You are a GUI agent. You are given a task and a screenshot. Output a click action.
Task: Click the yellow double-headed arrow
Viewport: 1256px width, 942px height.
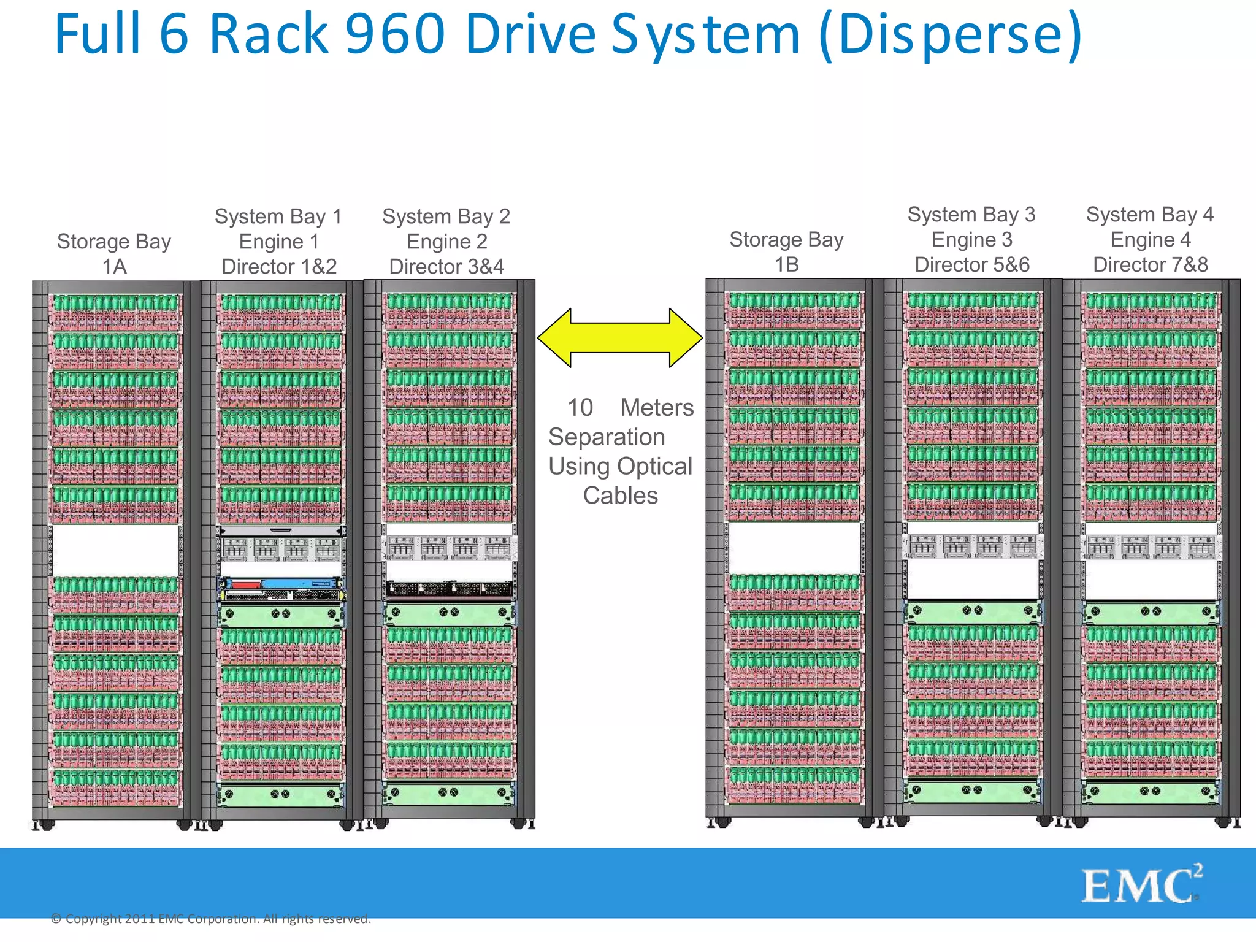click(x=619, y=338)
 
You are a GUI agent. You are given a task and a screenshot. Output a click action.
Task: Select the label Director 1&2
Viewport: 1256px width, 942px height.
click(x=279, y=267)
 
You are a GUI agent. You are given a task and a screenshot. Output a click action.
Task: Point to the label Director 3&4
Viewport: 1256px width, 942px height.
click(x=446, y=267)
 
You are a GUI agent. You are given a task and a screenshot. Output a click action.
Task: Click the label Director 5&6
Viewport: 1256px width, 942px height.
click(x=972, y=265)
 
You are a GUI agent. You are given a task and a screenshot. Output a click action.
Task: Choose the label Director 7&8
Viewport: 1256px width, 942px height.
click(x=1151, y=265)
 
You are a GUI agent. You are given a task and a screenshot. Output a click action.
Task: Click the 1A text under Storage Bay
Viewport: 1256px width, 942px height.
click(x=114, y=267)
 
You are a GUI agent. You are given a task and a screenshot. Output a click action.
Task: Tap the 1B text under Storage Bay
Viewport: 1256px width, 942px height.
click(x=787, y=265)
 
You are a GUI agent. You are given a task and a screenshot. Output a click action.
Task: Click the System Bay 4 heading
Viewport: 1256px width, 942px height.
click(x=1150, y=215)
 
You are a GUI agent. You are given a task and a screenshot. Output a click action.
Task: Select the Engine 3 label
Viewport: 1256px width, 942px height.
click(x=972, y=240)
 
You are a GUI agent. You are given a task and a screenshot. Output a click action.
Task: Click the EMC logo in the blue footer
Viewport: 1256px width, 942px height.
click(x=1141, y=884)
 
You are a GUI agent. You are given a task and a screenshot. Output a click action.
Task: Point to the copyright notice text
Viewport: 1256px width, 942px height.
click(x=211, y=919)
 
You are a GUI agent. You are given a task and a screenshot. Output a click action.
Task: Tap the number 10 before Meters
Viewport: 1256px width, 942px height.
click(x=580, y=408)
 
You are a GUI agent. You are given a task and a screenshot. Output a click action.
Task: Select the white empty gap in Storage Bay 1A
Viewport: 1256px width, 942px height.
click(x=115, y=549)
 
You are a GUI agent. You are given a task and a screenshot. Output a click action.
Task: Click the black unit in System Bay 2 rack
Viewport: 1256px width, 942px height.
click(x=449, y=590)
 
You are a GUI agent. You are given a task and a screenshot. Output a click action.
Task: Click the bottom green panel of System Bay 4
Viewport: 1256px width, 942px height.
click(x=1151, y=793)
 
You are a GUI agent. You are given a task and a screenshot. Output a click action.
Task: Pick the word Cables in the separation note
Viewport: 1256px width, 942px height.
click(x=620, y=496)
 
